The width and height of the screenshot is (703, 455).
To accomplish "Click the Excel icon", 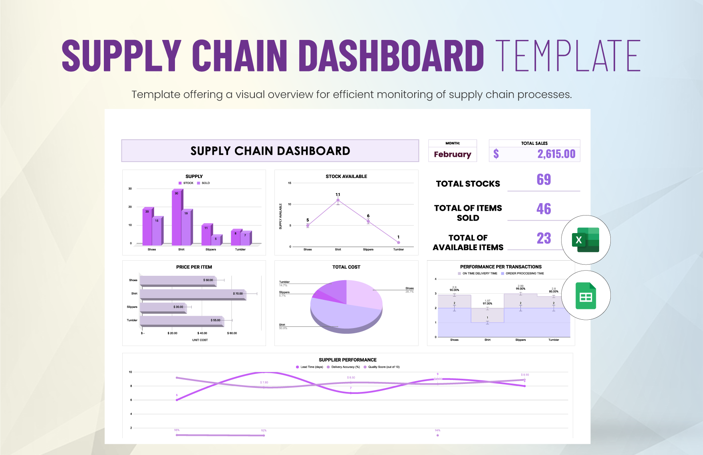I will click(x=586, y=240).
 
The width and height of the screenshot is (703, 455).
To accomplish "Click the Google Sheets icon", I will click(x=586, y=295).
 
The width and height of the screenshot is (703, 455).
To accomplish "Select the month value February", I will click(x=453, y=154).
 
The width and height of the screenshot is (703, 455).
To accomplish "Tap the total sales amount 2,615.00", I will click(x=556, y=154).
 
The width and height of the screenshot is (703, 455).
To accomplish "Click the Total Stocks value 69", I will click(x=544, y=180).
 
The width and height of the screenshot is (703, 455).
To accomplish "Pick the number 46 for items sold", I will click(x=544, y=209).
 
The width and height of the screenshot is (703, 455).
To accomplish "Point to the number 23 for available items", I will click(x=544, y=238).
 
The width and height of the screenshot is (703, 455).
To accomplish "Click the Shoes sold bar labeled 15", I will click(x=157, y=231).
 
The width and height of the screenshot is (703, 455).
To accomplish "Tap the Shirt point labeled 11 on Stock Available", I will click(x=338, y=200).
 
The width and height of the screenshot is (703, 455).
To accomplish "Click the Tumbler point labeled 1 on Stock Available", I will click(x=398, y=242).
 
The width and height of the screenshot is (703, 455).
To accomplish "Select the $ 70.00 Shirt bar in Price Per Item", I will click(x=192, y=294).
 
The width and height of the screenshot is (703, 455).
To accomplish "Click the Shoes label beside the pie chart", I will click(x=409, y=288).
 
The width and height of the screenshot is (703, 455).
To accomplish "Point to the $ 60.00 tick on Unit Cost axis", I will click(x=232, y=333).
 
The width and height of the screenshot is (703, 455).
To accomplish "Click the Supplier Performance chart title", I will click(x=348, y=360).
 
